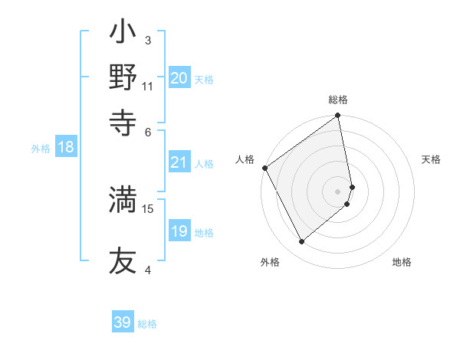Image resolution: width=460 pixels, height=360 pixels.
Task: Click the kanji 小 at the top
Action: click(x=123, y=34)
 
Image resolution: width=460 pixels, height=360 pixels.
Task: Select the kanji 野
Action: click(x=123, y=78)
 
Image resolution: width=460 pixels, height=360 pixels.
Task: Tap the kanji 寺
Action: click(x=123, y=122)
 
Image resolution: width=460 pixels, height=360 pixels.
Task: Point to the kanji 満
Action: click(x=123, y=199)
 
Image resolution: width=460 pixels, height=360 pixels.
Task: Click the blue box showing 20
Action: click(x=179, y=77)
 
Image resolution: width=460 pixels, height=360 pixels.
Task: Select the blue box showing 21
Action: click(x=179, y=162)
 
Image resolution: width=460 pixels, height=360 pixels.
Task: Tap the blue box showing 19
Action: click(x=179, y=231)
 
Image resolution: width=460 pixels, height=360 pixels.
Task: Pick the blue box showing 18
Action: click(x=65, y=147)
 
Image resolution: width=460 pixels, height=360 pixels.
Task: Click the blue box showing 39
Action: click(x=123, y=322)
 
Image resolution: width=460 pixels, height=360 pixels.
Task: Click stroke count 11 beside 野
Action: click(x=148, y=86)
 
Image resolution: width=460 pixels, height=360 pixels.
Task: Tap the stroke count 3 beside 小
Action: click(x=148, y=41)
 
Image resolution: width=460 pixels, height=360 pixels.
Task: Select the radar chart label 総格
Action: click(x=338, y=100)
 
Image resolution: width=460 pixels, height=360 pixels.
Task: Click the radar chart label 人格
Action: click(x=245, y=159)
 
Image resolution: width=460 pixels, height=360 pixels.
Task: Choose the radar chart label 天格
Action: click(x=432, y=159)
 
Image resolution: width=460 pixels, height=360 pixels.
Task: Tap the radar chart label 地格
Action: click(x=402, y=263)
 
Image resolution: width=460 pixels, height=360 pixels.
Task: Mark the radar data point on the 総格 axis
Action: click(x=338, y=116)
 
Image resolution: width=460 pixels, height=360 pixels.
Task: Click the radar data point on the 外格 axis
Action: click(x=302, y=241)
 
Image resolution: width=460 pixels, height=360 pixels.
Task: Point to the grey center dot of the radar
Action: click(x=338, y=191)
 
